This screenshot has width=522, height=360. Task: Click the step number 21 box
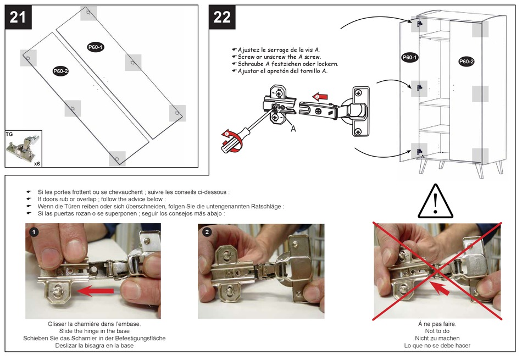click(x=18, y=17)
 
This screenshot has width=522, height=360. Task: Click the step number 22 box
click(x=222, y=17)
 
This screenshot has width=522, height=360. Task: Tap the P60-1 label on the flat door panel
click(x=96, y=47)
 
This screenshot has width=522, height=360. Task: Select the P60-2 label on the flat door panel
click(x=60, y=71)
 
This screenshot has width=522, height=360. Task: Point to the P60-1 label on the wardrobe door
click(x=409, y=57)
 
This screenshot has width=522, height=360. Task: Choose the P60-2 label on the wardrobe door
click(x=466, y=62)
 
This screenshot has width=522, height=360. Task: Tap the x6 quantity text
click(x=37, y=163)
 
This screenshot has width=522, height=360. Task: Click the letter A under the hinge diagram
click(x=293, y=129)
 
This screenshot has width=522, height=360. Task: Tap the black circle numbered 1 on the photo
click(x=34, y=232)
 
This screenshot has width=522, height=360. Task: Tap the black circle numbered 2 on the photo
click(x=207, y=232)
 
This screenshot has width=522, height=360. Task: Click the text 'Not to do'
click(x=437, y=331)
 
